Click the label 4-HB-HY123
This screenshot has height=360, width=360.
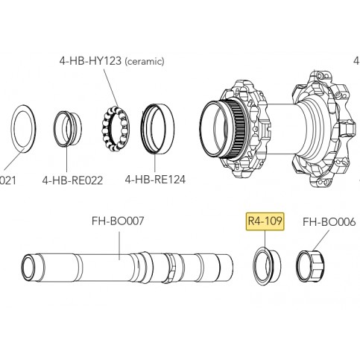coord(90,60)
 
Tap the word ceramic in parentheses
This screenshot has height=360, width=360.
coord(145,61)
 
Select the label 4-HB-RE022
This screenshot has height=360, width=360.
coord(72,180)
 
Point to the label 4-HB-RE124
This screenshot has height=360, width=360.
coord(155,179)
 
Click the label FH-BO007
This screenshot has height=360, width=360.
coord(118,221)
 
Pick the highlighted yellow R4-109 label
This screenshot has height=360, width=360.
coord(265,221)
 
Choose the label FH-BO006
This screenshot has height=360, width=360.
coord(329,221)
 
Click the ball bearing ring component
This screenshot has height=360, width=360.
coord(114,128)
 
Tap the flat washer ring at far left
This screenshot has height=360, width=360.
coord(23,129)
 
